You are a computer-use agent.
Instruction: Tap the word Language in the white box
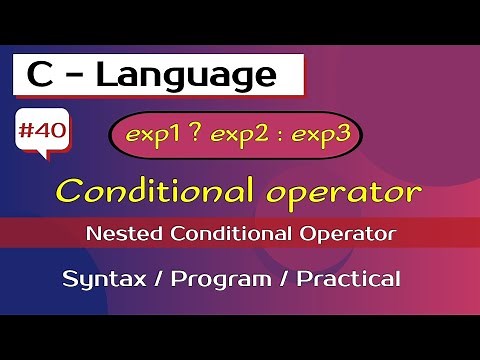tap(194, 74)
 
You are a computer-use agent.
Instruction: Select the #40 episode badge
tap(42, 130)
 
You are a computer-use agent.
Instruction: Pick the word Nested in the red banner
tap(116, 235)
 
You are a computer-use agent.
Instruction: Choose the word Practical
tap(347, 277)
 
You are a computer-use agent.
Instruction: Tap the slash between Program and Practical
tap(281, 278)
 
